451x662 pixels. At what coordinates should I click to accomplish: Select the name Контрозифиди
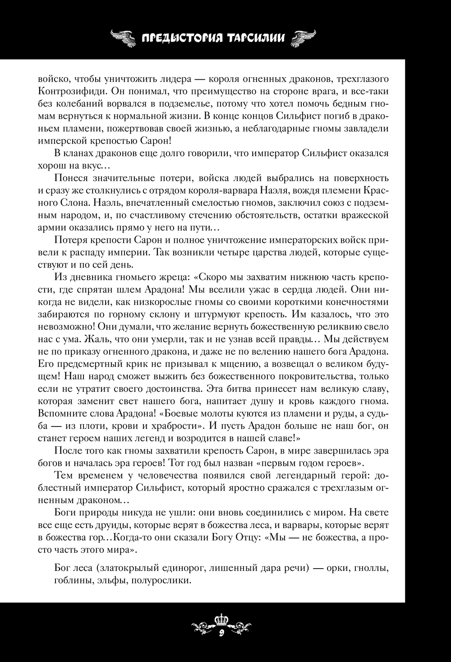(65, 92)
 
